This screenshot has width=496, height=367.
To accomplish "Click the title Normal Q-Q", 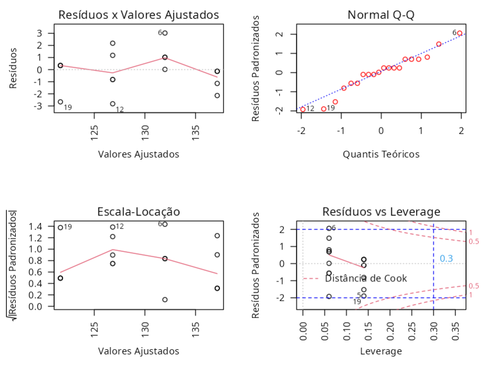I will tap(381, 15).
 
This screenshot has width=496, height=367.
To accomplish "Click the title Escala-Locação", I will tap(139, 212).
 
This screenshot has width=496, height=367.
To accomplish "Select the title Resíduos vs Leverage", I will tap(381, 212).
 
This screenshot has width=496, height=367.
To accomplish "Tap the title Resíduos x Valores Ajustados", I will tap(138, 15).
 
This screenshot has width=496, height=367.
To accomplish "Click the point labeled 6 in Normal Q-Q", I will tap(460, 33).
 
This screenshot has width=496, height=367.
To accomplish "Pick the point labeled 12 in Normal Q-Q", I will tap(302, 109).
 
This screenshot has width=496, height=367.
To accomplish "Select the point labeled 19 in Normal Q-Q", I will tap(323, 109).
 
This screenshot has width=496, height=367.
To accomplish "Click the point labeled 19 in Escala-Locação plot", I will tap(60, 227).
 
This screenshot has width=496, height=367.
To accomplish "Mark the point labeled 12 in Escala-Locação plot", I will tap(113, 227).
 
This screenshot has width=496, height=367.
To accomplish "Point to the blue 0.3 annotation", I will tap(446, 258).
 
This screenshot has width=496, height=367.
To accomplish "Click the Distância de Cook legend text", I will tap(366, 278).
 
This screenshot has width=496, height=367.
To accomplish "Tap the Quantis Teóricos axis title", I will tap(381, 154).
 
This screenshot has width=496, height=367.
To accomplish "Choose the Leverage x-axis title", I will tap(381, 351).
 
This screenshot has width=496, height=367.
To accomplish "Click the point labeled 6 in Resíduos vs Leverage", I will tap(329, 228).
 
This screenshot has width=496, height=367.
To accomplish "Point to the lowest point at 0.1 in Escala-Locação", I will tap(165, 300).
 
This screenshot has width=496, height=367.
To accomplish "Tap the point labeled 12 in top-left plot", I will tap(113, 104).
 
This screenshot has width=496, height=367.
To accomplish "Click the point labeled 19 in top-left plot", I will tap(60, 102).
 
